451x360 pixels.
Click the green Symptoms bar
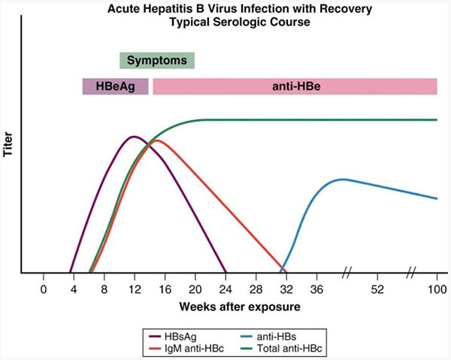tap(157, 60)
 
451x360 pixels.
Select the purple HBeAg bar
tap(115, 86)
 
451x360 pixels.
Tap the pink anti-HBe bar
tap(295, 86)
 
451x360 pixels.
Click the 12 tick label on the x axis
tap(135, 289)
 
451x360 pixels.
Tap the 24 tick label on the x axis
tap(225, 289)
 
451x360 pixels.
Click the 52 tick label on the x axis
tap(377, 289)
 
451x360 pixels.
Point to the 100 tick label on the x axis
tap(437, 289)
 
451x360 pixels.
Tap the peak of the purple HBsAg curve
tap(134, 137)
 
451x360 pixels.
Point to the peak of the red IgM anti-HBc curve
tap(156, 140)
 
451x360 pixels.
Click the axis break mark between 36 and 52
tap(348, 272)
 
